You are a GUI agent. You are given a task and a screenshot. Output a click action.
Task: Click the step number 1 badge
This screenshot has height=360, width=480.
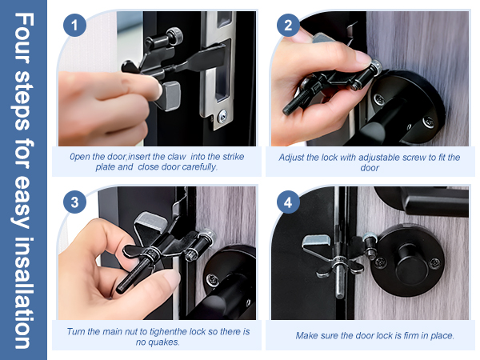(75, 26)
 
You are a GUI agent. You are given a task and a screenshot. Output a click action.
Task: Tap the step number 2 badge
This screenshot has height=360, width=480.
(288, 26)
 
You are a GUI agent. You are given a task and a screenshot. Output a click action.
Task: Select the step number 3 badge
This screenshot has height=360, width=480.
(75, 202)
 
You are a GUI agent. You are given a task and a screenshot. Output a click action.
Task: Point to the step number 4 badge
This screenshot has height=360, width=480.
(288, 202)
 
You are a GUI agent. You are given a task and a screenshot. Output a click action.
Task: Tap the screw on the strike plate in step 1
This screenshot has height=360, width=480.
(222, 118)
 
